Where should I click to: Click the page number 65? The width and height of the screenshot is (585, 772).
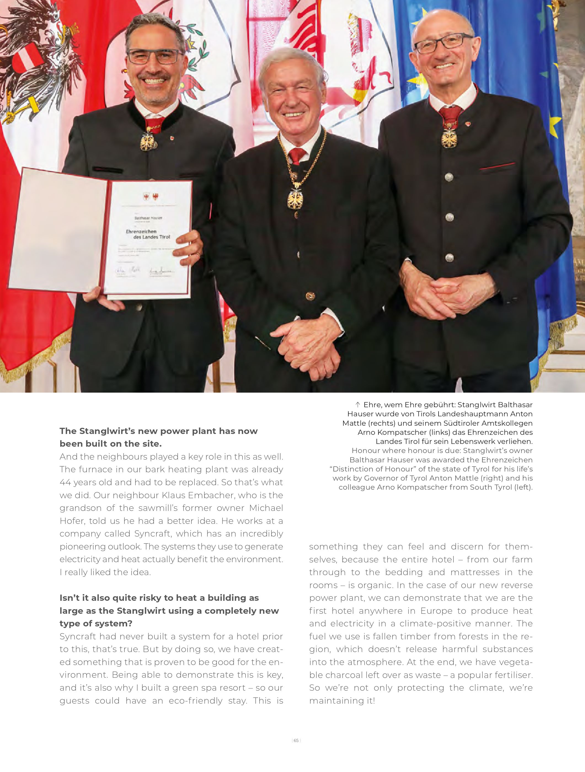click(296, 750)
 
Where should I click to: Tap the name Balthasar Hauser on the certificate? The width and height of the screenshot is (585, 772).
click(148, 218)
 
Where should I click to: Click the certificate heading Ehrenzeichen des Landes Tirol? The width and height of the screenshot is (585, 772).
click(148, 234)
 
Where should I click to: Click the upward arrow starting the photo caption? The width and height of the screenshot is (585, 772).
click(357, 405)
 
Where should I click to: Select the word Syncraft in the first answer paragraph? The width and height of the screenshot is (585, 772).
click(152, 534)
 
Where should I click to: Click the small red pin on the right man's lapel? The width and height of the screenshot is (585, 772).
click(468, 124)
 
